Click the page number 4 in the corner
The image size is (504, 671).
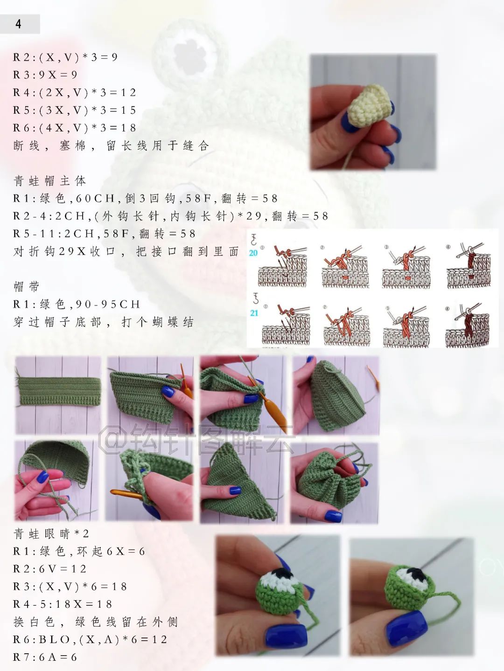point(19,24)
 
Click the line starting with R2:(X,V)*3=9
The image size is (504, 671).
point(65,57)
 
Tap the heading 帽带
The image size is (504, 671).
point(27,287)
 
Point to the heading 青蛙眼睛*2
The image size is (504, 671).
point(51,533)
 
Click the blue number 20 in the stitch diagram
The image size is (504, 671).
point(253,253)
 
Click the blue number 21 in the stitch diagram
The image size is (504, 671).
point(254,313)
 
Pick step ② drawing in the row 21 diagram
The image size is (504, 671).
point(346,325)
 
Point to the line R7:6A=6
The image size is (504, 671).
point(45,657)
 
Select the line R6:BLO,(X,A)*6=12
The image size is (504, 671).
point(90,639)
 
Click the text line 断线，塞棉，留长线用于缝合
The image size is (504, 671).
point(111,146)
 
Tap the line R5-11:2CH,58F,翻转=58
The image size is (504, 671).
point(105,234)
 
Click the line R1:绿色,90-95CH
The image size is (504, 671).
point(77,304)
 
